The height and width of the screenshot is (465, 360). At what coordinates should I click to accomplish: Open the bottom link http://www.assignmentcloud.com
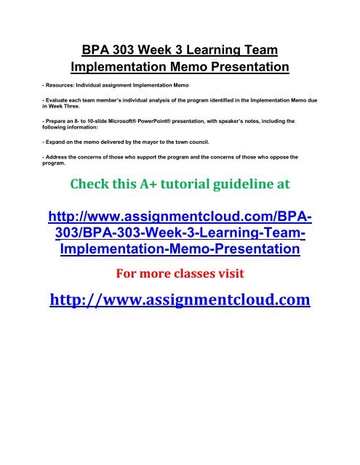coord(179,298)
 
